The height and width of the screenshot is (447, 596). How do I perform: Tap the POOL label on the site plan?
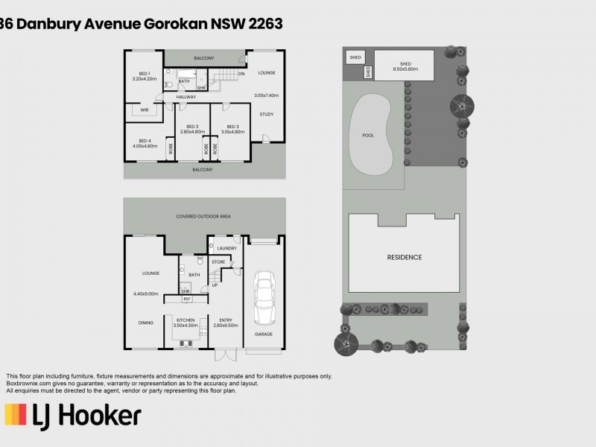click(367, 136)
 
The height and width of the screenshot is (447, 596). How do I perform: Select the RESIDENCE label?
click(404, 257)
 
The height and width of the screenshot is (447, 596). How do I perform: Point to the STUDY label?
click(266, 114)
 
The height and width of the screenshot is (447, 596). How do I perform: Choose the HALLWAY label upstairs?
click(186, 97)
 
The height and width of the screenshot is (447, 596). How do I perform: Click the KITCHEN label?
click(186, 320)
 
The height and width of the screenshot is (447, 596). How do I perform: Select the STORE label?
click(218, 261)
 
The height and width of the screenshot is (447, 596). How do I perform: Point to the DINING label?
click(145, 323)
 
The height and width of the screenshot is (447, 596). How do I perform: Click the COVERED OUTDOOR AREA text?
click(203, 216)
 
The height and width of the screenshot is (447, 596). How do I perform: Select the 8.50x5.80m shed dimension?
click(405, 69)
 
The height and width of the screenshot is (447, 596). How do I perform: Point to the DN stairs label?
click(241, 74)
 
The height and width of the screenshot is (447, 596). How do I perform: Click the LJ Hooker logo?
click(73, 415)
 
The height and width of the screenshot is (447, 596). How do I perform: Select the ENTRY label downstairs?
click(226, 320)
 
